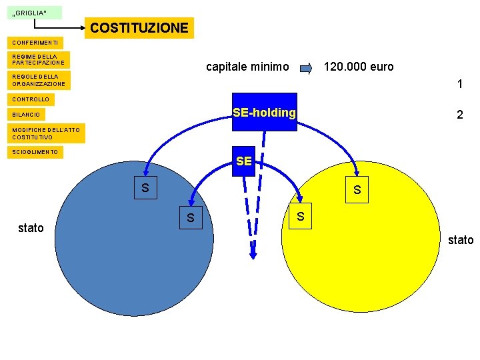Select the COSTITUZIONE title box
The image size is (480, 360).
[139, 28]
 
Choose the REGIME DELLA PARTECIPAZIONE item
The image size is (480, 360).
[39, 60]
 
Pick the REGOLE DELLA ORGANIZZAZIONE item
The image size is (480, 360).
[39, 81]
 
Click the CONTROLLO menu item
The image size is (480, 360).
[31, 99]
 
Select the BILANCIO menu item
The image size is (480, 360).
[26, 115]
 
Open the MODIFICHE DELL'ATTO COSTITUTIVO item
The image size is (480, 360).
[46, 133]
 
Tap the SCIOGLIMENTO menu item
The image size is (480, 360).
[35, 153]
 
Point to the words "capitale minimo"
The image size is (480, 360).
[247, 67]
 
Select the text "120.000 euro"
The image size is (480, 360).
[359, 67]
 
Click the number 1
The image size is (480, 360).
[459, 85]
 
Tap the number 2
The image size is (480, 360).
[459, 115]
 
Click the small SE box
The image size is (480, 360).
[244, 161]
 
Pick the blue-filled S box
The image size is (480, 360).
[145, 188]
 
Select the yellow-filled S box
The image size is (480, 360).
[357, 189]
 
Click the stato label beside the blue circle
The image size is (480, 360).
[31, 228]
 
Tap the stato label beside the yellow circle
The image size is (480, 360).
[461, 240]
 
